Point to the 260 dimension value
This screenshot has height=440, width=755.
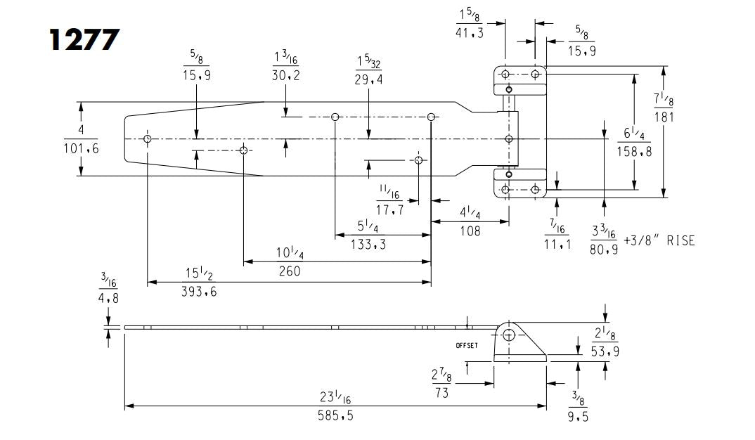[x=288, y=271]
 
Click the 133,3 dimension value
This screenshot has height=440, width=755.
[x=369, y=244]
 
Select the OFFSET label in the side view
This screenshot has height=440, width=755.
[x=467, y=346]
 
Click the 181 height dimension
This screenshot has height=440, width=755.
[x=664, y=117]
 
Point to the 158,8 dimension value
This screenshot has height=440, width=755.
[x=634, y=150]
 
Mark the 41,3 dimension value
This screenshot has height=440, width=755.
[x=470, y=32]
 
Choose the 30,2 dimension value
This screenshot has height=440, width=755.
[x=286, y=76]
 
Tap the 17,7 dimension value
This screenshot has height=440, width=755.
[x=390, y=209]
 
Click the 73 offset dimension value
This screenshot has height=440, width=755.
[x=441, y=392]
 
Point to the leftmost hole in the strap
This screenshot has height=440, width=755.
[x=148, y=139]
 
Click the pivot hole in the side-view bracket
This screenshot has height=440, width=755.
[x=509, y=335]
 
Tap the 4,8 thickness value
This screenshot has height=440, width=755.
[x=108, y=297]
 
